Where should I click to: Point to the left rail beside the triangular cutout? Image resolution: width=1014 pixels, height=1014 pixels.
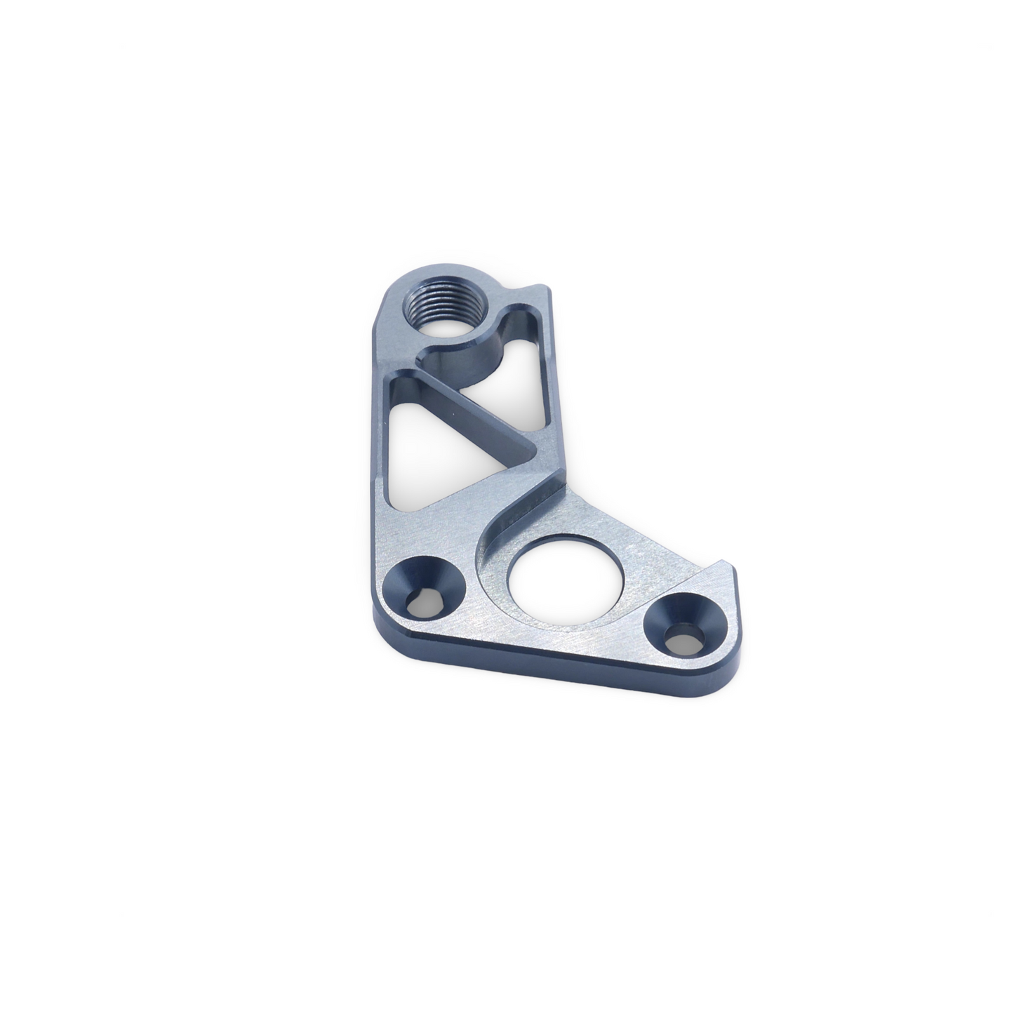coord(377,435)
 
